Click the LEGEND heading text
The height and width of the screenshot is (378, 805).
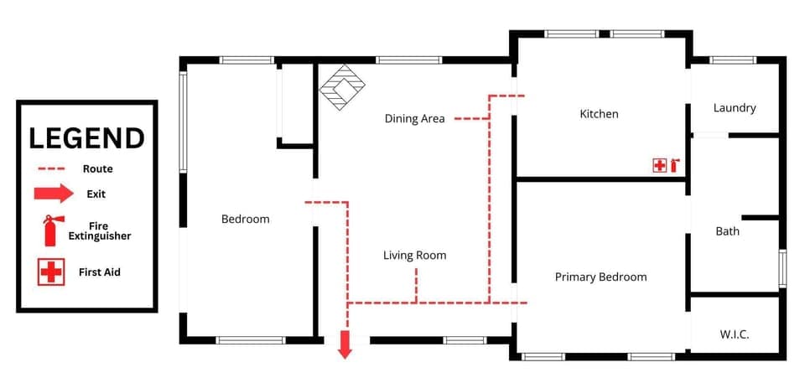(86, 138)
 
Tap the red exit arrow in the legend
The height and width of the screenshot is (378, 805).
(54, 194)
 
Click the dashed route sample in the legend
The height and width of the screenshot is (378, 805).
(51, 169)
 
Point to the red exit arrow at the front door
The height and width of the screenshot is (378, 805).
(344, 344)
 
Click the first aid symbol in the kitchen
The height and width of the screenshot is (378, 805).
(659, 165)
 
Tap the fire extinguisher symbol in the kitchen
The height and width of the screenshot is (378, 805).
(673, 165)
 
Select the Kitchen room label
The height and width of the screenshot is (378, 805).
(599, 114)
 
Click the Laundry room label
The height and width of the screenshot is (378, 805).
(735, 108)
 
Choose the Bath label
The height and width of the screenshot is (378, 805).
(727, 230)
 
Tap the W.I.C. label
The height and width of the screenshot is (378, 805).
(735, 334)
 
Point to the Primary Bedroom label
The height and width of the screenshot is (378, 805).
(600, 277)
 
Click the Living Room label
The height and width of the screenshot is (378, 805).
(414, 256)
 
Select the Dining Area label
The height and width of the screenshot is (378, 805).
(414, 118)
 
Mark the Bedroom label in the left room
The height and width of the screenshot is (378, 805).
(245, 220)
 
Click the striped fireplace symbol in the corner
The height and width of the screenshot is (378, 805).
(343, 87)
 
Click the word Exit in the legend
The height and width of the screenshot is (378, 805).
(96, 194)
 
